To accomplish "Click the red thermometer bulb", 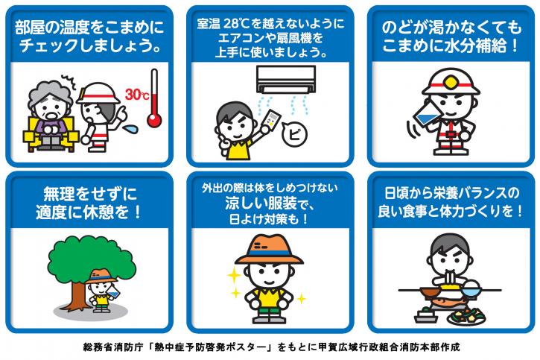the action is pos(154,120).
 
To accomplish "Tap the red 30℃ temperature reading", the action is pos(137,94).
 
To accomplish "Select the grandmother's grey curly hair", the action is pos(51,95).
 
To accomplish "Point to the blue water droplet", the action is pos(130,129).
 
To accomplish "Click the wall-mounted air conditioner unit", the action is pos(286,79).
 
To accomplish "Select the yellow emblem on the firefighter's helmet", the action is pos(450,83).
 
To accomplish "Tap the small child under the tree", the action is pos(102,291).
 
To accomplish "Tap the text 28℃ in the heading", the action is pos(236,23).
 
